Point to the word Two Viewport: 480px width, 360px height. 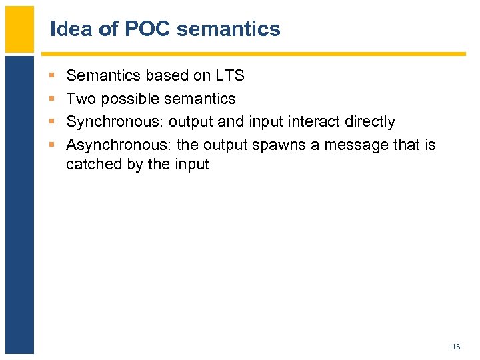pos(81,99)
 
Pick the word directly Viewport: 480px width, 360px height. pos(370,122)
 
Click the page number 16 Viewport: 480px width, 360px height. pos(456,347)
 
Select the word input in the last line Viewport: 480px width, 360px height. pos(193,164)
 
